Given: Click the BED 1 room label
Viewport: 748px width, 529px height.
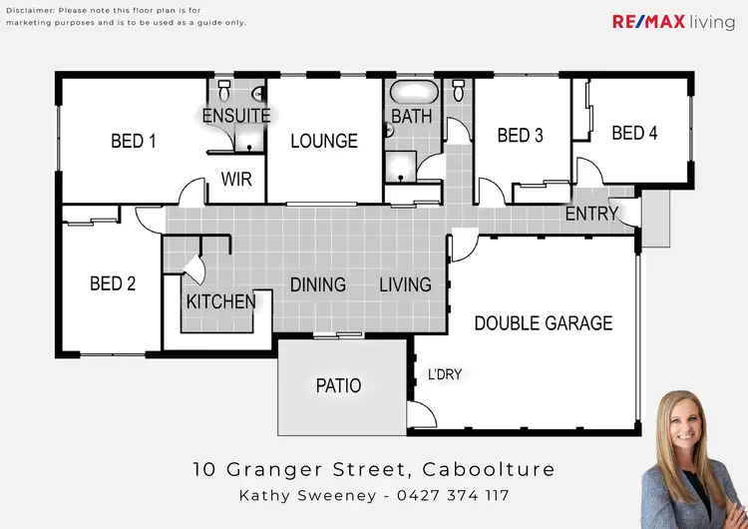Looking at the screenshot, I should click(133, 142).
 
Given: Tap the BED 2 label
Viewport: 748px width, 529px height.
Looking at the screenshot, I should click(112, 284).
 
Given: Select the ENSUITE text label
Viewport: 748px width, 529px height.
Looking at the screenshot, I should click(235, 116).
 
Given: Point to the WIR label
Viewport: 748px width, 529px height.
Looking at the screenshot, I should click(236, 181).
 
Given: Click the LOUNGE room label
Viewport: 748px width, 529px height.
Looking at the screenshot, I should click(324, 142).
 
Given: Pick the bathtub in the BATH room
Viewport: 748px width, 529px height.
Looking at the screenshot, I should click(412, 94).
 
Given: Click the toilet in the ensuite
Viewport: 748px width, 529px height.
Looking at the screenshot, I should click(223, 93).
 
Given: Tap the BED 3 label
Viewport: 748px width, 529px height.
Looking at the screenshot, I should click(520, 136).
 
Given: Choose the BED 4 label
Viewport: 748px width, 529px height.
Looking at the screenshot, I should click(634, 133).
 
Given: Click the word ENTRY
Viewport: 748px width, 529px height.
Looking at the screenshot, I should click(591, 214).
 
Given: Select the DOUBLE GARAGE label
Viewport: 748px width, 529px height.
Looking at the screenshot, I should click(543, 323).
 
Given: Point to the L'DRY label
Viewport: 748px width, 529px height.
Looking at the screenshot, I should click(445, 375).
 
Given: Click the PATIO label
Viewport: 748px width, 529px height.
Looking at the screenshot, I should click(338, 385).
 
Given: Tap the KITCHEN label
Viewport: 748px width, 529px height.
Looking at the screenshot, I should click(220, 301).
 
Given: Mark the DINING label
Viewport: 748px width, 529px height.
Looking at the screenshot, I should click(318, 284).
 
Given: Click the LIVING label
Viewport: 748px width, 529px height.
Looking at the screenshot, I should click(405, 284).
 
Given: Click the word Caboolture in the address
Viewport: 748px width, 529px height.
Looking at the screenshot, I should click(488, 469).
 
